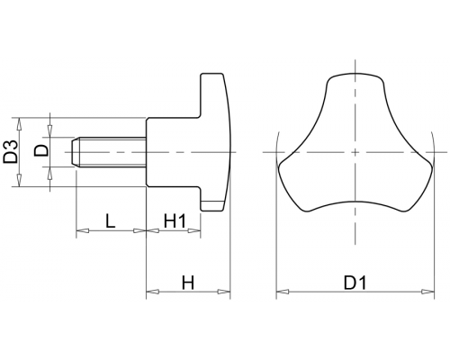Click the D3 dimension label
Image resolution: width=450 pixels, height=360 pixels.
tap(11, 152)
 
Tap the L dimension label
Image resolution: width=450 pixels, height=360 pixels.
tap(111, 221)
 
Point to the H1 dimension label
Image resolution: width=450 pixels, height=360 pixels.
tap(175, 221)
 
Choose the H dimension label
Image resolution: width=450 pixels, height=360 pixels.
tap(188, 283)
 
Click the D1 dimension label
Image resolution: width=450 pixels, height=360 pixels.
tap(355, 283)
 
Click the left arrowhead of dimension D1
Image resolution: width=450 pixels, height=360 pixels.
tap(283, 292)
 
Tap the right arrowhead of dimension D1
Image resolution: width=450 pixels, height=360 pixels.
tap(427, 292)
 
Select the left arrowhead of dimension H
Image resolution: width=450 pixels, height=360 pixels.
tap(153, 292)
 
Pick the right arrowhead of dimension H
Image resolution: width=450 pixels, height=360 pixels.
tap(224, 292)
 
